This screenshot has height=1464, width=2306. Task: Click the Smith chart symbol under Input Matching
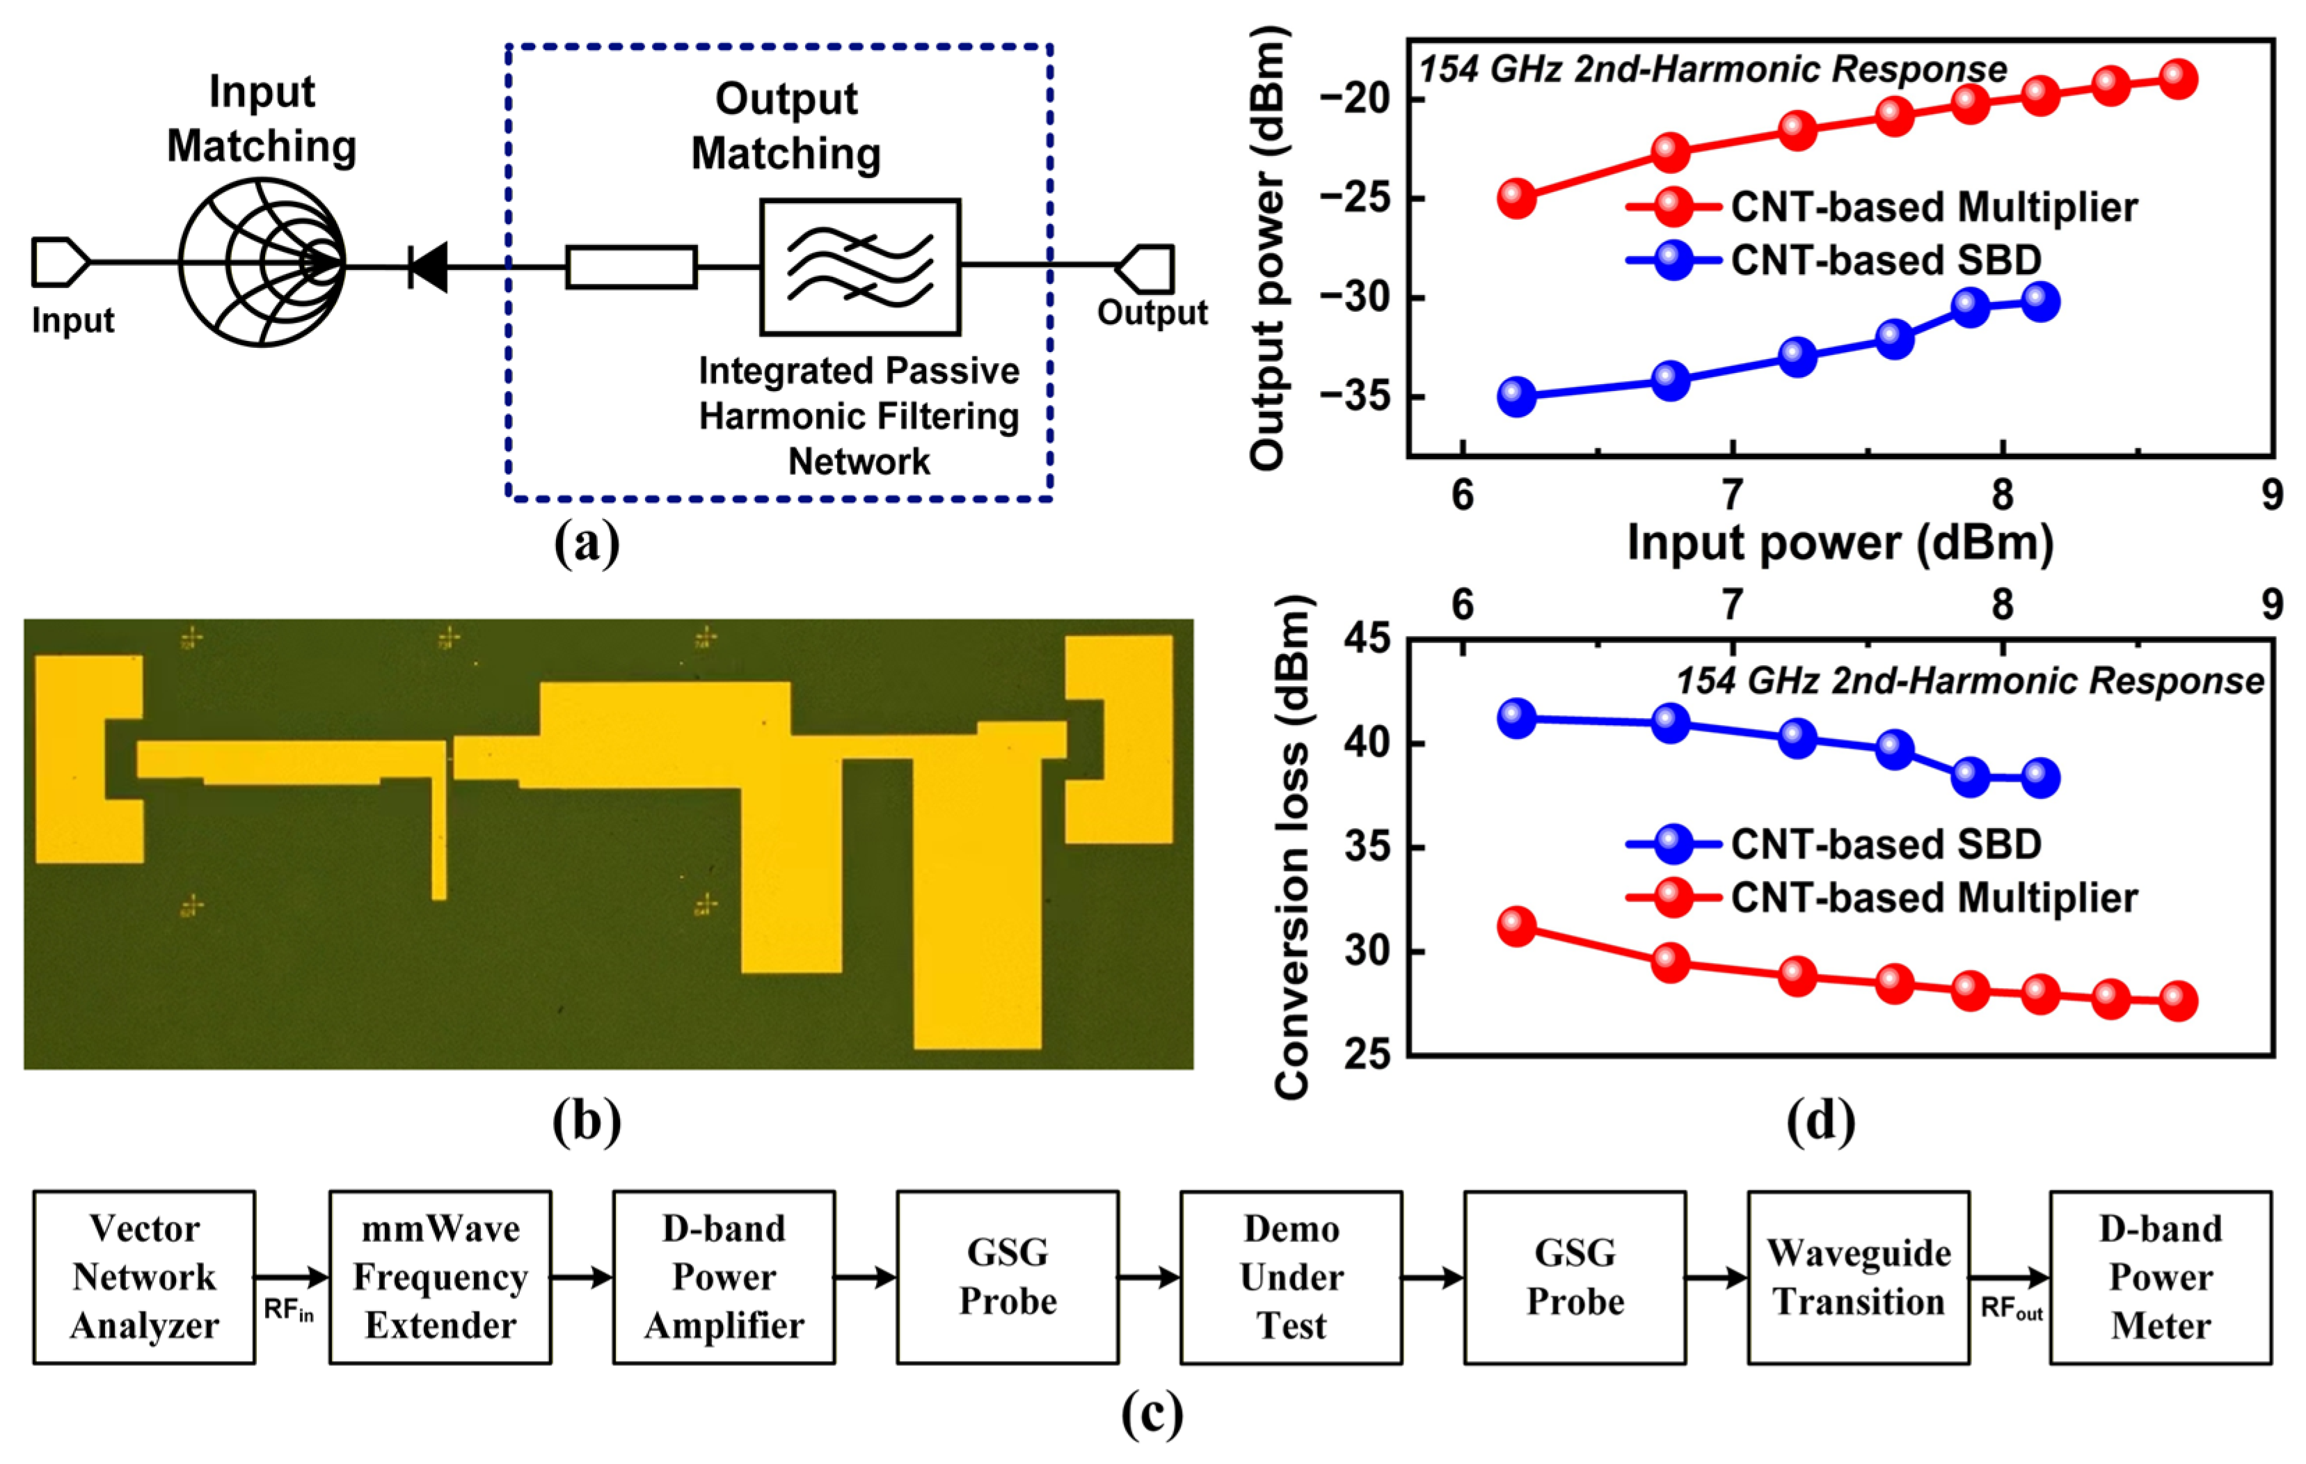[262, 262]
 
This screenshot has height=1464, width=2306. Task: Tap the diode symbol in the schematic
[428, 266]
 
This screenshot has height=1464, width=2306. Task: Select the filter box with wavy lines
[860, 267]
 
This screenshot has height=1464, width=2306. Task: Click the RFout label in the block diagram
[2011, 1309]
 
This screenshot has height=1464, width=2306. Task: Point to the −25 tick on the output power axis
[1359, 199]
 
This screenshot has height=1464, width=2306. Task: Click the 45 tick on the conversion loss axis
[1367, 639]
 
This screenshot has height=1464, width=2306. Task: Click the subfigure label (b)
[586, 1121]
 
